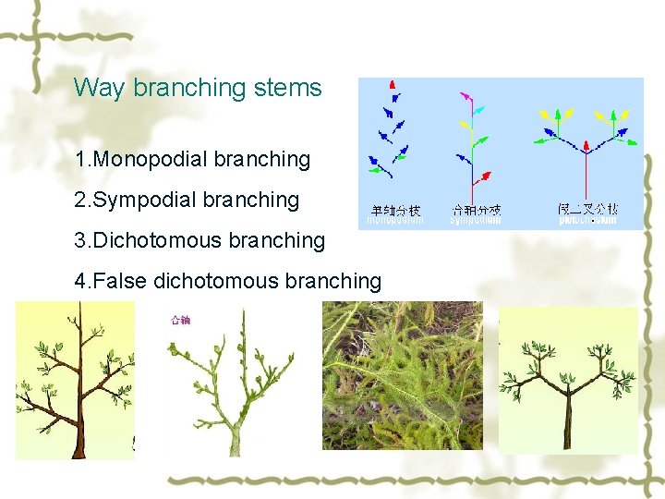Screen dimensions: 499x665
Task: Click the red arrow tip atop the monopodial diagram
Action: [393, 84]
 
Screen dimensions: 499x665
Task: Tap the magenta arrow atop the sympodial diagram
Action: [465, 95]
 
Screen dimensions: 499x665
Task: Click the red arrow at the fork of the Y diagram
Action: [586, 146]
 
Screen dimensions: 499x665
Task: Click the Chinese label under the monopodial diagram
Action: [395, 211]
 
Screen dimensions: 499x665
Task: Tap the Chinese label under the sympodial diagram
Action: [476, 211]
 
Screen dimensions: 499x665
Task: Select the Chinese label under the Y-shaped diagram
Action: [587, 210]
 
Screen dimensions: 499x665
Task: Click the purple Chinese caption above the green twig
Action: [180, 321]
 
